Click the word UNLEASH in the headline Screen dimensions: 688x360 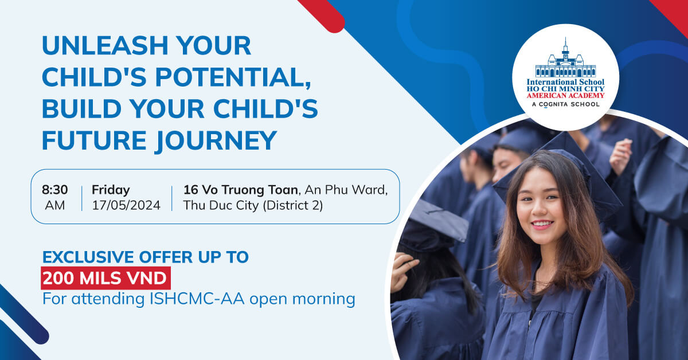tap(105, 45)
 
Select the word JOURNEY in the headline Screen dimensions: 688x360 tap(216, 140)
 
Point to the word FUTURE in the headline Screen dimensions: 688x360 tap(94, 140)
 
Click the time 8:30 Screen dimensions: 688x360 tap(54, 190)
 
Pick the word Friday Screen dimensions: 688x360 tap(111, 190)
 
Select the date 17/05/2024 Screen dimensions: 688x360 tap(126, 205)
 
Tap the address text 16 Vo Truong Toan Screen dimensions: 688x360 tap(240, 190)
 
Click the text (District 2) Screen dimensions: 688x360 tap(293, 205)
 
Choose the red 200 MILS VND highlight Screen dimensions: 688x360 tap(105, 278)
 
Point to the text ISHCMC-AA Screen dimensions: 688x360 tap(197, 299)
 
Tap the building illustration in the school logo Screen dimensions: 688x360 tap(565, 60)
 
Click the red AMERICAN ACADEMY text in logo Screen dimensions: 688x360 tap(565, 96)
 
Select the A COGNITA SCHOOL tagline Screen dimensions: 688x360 tap(565, 104)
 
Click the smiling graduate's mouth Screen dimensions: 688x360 tap(543, 225)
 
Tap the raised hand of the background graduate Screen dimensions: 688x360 tap(620, 156)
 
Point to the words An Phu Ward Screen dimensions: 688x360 tap(346, 190)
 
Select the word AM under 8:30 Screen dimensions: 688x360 tap(54, 205)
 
